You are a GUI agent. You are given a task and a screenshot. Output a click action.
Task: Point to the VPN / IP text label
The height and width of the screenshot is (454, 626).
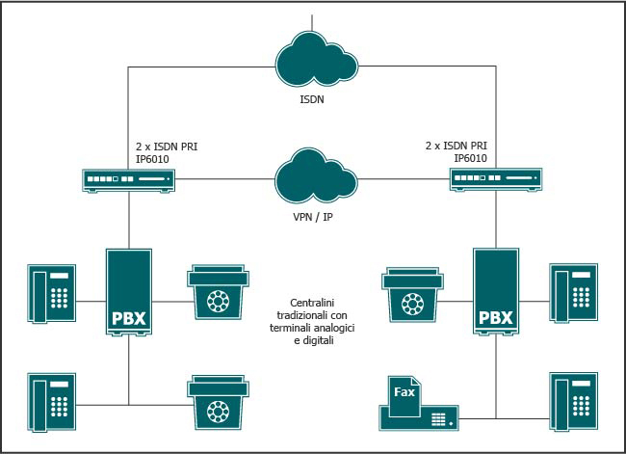point(314,218)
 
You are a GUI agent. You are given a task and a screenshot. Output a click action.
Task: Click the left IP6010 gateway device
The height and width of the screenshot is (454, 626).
point(129,179)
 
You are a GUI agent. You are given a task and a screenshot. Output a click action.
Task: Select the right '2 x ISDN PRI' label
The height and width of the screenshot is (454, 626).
point(455,147)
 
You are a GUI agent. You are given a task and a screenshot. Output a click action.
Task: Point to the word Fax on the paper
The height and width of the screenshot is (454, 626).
point(405,390)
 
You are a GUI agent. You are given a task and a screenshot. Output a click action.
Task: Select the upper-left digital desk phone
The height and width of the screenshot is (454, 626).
point(53,292)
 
